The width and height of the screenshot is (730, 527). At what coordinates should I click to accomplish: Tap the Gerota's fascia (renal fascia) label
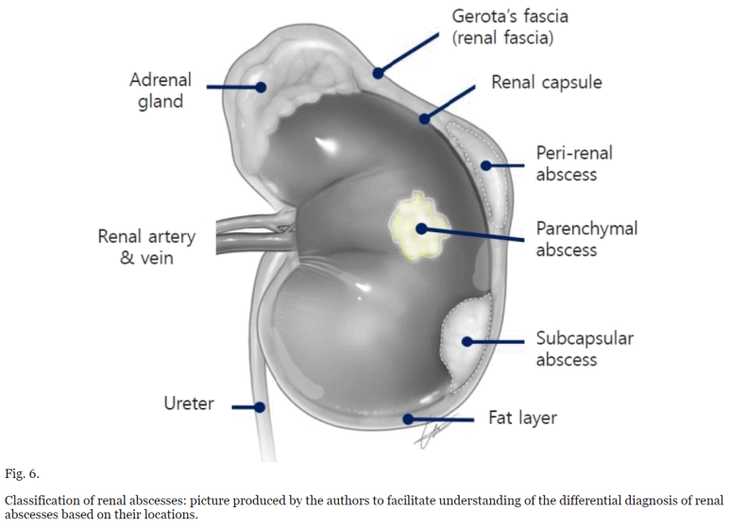[x=510, y=27]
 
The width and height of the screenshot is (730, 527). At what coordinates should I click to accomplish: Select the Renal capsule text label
[x=546, y=83]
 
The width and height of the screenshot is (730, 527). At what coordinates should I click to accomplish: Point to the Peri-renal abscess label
[x=567, y=163]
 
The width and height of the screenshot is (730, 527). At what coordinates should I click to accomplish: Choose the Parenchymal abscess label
[x=586, y=239]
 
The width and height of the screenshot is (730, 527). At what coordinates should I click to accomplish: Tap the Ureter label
[x=189, y=404]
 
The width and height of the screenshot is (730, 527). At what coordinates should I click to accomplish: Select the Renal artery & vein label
[x=146, y=246]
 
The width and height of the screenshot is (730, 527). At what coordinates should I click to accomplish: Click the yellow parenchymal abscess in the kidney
[x=416, y=227]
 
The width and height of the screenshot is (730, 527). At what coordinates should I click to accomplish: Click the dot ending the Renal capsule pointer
[x=426, y=120]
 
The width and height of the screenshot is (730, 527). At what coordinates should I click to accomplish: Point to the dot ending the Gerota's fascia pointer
[x=377, y=71]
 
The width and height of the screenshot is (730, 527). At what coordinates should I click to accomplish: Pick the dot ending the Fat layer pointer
[x=407, y=417]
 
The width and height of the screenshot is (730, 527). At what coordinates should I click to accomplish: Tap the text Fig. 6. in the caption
[x=23, y=472]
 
